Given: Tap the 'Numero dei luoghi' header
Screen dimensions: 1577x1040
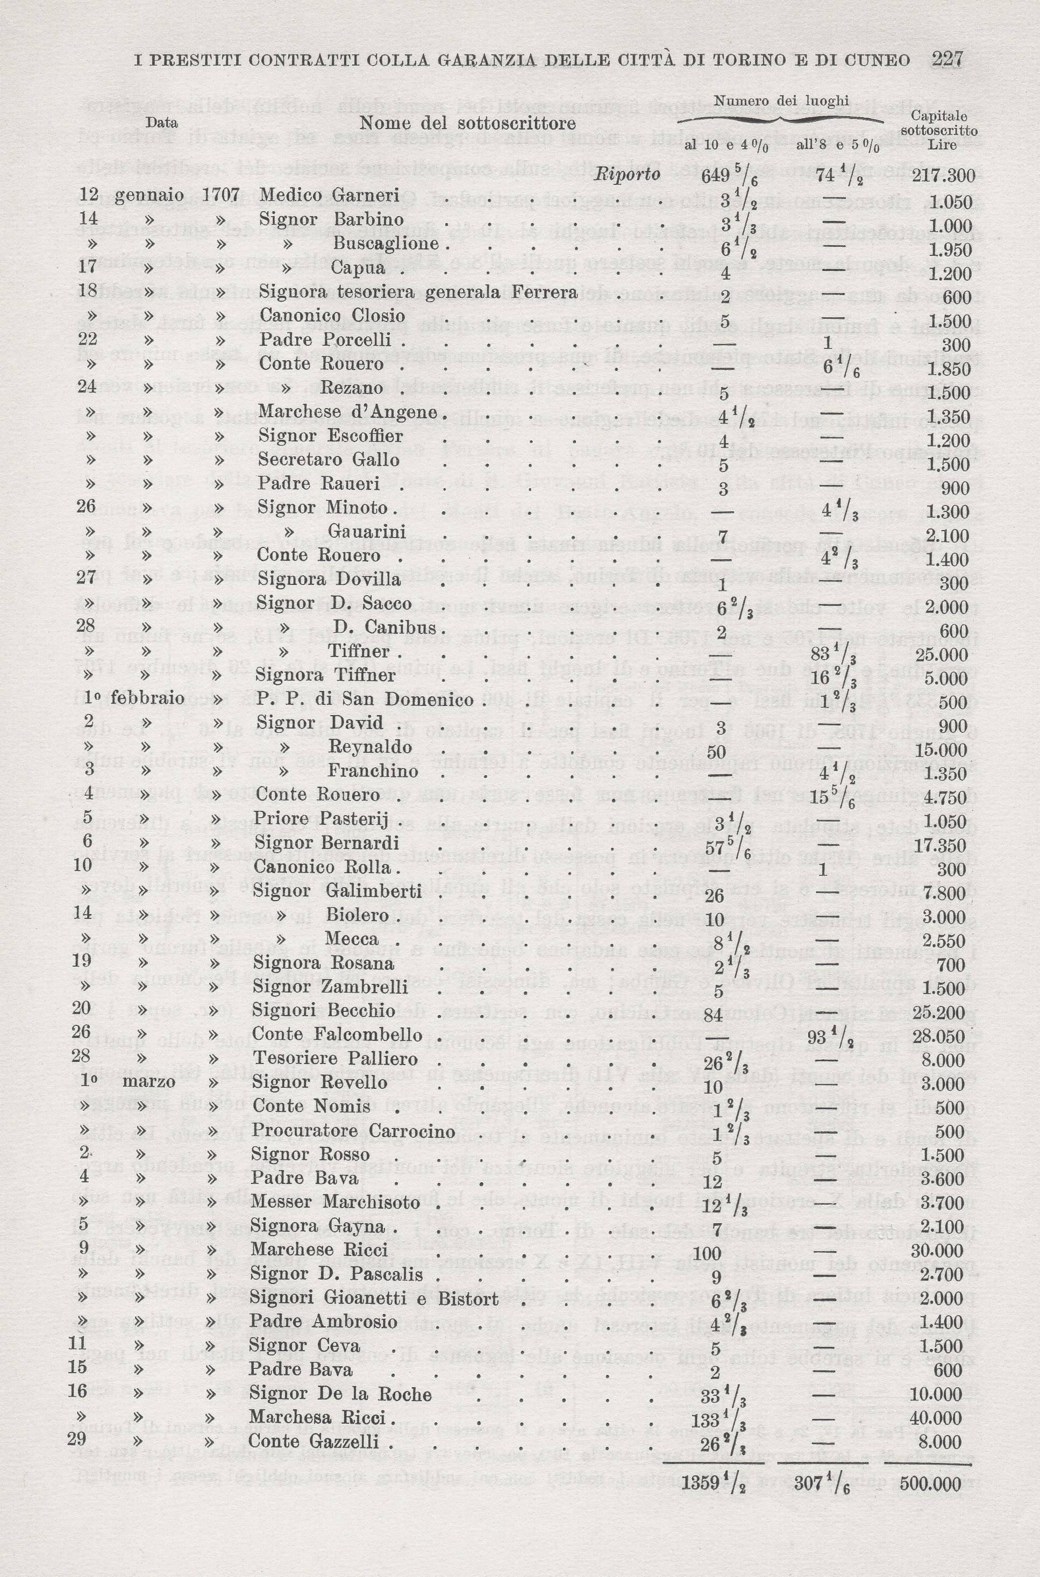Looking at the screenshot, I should (781, 102).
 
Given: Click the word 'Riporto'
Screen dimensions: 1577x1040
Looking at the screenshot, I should (628, 174).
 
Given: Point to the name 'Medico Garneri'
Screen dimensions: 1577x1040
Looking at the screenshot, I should (329, 195).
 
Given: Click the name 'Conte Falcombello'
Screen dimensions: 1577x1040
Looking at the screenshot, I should (337, 1034).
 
